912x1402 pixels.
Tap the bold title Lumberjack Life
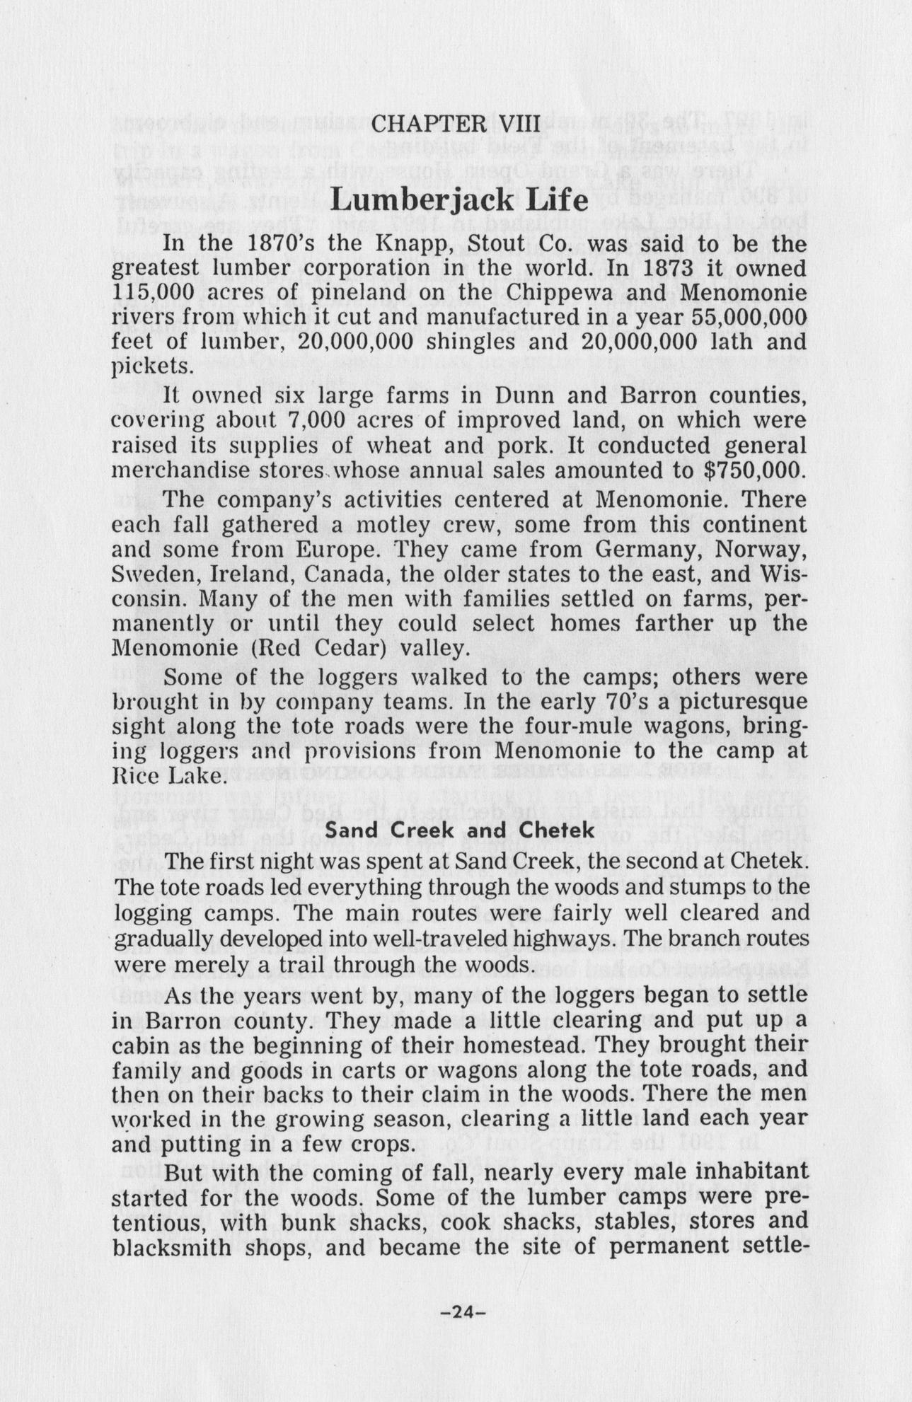pyautogui.click(x=459, y=200)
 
